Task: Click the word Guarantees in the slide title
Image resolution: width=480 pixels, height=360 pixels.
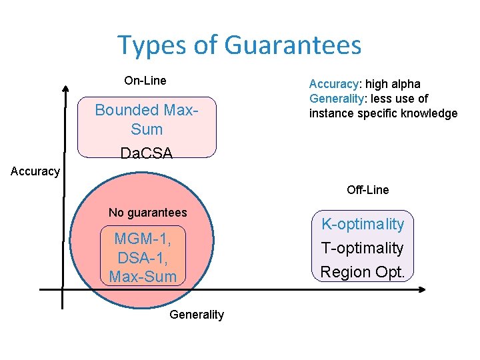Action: (293, 45)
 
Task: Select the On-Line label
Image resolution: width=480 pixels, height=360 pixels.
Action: (145, 81)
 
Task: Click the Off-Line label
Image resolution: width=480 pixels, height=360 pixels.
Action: (367, 190)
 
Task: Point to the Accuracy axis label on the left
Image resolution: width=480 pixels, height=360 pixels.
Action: (35, 171)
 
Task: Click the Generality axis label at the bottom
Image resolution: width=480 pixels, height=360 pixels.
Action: (197, 315)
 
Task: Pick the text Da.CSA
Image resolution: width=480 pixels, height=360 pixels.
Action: (147, 153)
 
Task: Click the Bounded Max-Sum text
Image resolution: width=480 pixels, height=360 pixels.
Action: (147, 118)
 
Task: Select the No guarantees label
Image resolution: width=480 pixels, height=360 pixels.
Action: (147, 213)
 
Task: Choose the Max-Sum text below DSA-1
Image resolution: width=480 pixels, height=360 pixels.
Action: (143, 276)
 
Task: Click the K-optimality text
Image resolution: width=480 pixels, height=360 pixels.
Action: (363, 224)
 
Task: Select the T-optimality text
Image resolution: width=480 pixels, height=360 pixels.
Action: (363, 248)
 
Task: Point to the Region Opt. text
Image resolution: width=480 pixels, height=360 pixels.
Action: (363, 272)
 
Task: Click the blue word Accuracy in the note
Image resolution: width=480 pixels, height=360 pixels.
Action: (333, 84)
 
